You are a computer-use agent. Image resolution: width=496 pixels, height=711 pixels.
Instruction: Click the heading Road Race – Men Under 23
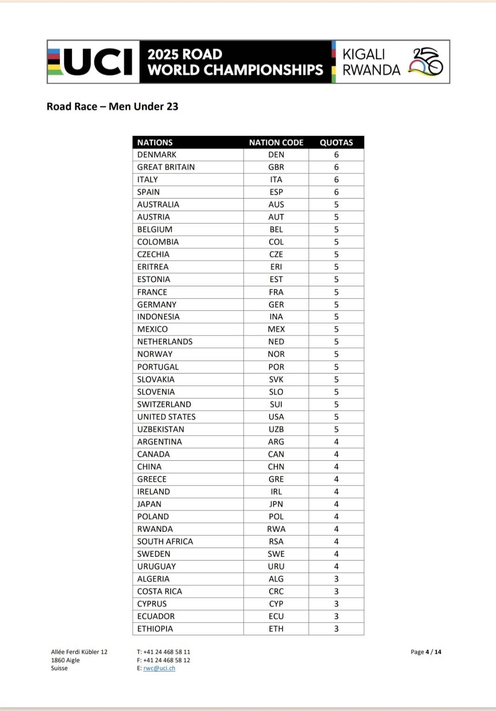tap(112, 107)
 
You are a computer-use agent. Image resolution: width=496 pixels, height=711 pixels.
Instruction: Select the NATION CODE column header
tap(276, 142)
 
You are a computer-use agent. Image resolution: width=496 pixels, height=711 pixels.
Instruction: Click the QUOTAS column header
tap(336, 142)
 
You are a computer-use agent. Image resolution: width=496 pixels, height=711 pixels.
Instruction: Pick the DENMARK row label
tap(157, 155)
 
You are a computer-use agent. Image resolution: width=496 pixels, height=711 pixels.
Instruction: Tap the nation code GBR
tap(276, 167)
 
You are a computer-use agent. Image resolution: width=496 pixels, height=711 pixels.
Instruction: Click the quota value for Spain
tap(336, 192)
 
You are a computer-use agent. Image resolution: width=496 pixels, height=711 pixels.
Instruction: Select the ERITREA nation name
tap(153, 267)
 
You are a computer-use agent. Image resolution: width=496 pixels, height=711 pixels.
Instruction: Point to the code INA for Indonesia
tap(276, 317)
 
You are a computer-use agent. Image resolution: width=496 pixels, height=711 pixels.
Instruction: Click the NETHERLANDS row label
tap(165, 342)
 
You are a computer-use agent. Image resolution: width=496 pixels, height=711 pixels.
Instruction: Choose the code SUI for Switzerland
tap(276, 404)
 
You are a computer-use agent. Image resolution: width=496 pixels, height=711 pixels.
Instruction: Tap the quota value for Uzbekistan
tap(336, 429)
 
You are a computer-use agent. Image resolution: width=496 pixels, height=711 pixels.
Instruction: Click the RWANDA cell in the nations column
tap(155, 529)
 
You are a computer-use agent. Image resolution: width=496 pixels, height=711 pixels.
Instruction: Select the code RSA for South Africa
tap(276, 542)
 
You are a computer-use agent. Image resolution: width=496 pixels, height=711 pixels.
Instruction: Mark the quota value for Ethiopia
tap(336, 629)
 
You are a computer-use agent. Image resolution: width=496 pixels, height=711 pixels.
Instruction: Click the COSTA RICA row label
tap(160, 591)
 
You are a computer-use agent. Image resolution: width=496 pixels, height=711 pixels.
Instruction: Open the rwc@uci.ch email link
tap(159, 668)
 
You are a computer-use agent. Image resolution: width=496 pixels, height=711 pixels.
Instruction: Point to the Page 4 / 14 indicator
tap(426, 652)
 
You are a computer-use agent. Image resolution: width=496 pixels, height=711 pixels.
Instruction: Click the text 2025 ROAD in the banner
tap(185, 54)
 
